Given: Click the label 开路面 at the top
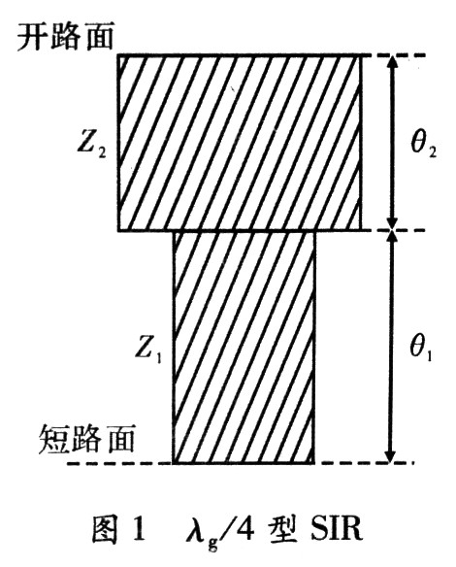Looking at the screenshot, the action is [x=66, y=37].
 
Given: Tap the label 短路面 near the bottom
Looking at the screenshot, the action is [x=86, y=439].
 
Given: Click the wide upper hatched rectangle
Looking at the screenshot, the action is [x=240, y=143].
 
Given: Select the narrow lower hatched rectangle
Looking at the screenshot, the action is [x=244, y=348].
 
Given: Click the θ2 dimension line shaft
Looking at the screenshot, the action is [x=392, y=143].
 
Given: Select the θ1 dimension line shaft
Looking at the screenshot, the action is [x=390, y=347].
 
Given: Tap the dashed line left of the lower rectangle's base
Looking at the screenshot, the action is [x=119, y=463].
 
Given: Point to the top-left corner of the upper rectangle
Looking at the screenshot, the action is [x=117, y=55].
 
